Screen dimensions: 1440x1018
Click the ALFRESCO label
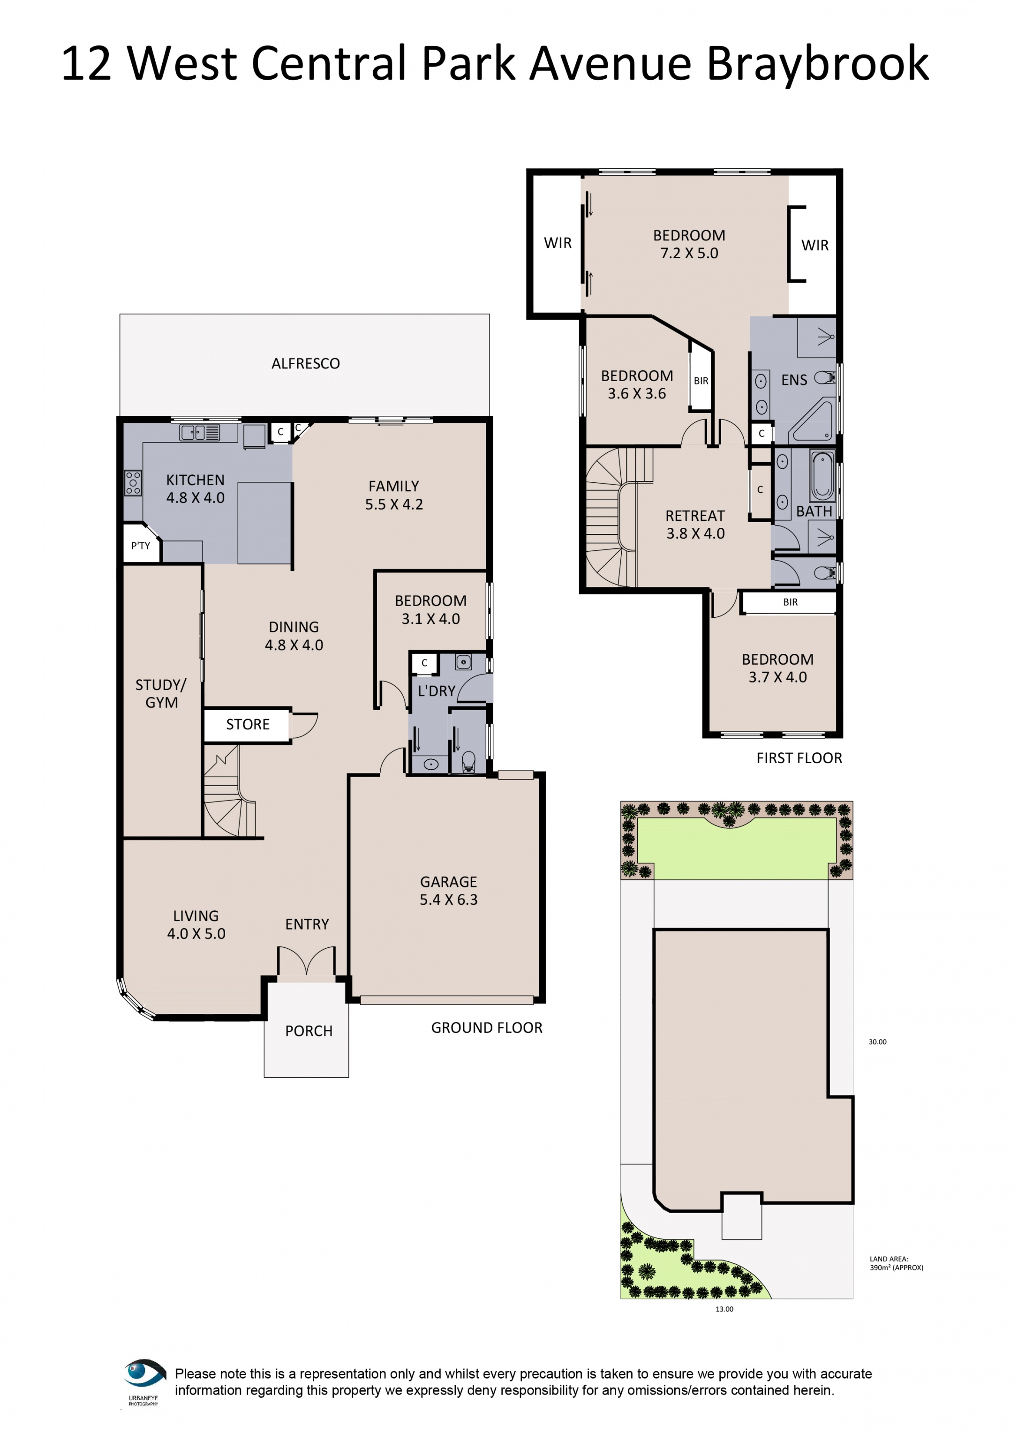(x=305, y=364)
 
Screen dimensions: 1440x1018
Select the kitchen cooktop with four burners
(x=133, y=483)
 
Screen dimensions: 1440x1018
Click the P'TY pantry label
(x=141, y=546)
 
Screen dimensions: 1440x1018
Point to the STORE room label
(x=248, y=724)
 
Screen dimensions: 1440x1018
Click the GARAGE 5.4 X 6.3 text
(x=448, y=891)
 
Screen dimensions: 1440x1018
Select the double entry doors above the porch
(x=306, y=961)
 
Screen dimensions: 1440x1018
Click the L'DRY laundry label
(x=437, y=691)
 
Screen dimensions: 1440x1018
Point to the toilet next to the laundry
(x=468, y=762)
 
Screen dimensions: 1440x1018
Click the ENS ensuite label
(x=794, y=380)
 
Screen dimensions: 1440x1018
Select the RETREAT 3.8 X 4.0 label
(x=695, y=525)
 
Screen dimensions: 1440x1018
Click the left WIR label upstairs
(x=558, y=243)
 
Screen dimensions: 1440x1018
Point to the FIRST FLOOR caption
(x=799, y=758)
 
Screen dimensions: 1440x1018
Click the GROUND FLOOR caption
(x=487, y=1028)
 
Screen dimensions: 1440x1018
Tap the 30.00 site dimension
(x=877, y=1042)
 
